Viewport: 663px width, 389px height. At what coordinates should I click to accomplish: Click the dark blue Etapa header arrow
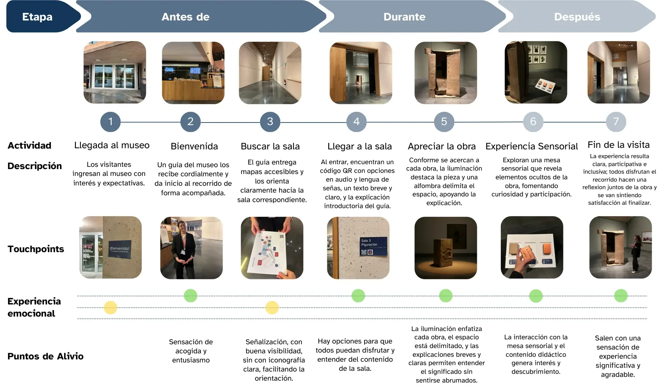coord(42,17)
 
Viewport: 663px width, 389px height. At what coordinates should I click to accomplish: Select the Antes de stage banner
coord(197,17)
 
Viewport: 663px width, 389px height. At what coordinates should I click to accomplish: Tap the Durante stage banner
coord(410,17)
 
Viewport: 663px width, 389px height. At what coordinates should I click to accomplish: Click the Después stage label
coord(577,17)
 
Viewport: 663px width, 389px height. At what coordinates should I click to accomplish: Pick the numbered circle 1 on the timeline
coord(110,122)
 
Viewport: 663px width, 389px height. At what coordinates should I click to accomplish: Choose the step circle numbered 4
coord(357,122)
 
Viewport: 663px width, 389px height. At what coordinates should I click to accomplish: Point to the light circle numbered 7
coord(616,122)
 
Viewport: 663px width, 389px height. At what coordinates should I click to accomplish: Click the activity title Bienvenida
coord(194,146)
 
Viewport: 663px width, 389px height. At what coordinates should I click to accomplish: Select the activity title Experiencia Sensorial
coord(532,146)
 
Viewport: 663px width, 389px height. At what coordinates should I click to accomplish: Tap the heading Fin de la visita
coord(619,145)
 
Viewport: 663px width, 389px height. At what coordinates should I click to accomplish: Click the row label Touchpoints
coord(36,249)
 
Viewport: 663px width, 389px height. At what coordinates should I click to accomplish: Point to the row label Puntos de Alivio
coord(46,356)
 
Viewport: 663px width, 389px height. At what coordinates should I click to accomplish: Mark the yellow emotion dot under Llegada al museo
coord(110,307)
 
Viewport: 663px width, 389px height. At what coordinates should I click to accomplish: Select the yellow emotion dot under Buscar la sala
coord(272,307)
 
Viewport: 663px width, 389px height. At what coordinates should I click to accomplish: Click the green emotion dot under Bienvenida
coord(191,296)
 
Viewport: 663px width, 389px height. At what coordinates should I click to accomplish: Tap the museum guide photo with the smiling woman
coord(191,248)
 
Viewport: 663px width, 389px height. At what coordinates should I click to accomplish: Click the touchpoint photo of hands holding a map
coord(272,248)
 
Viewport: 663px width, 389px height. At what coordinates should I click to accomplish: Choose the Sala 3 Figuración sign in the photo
coord(373,246)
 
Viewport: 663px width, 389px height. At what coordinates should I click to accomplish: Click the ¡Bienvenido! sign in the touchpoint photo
coord(120,249)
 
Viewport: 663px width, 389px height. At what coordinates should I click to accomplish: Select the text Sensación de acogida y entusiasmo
coord(191,351)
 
